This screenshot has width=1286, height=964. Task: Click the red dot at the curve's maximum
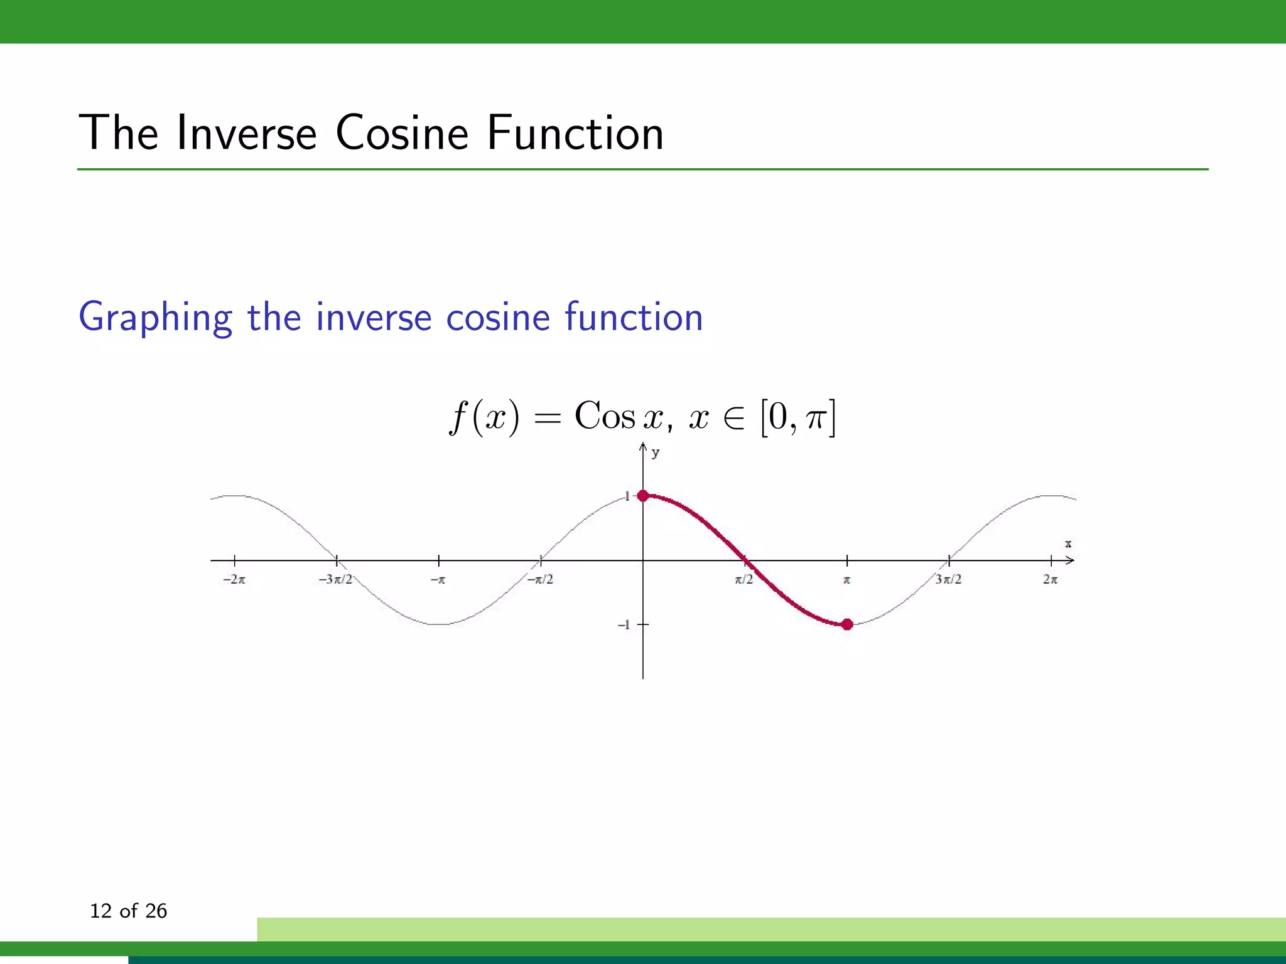643,496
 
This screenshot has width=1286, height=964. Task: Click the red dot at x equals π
847,624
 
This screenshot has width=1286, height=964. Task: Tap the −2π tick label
234,580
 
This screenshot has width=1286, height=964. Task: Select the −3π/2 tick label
335,580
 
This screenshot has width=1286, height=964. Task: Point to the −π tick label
438,580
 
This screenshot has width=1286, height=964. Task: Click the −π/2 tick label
540,580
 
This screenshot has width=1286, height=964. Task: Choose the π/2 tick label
744,580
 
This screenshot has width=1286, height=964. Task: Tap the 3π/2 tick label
948,580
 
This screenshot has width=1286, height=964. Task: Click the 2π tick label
1051,580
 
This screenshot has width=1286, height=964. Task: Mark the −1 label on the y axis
624,625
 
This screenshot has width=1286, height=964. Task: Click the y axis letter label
656,453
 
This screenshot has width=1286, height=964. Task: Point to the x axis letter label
1068,544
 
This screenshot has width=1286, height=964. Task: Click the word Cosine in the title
402,133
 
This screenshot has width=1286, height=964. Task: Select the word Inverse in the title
247,133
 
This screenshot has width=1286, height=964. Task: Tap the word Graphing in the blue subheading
155,318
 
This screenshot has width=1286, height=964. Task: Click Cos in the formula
605,417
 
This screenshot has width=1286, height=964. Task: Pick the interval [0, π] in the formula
797,418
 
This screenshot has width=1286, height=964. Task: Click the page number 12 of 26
129,911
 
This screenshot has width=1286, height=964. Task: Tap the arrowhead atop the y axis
643,447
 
